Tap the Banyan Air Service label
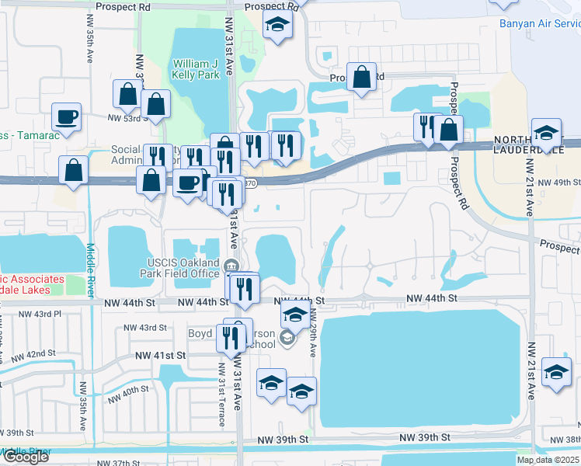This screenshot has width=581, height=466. click(539, 23)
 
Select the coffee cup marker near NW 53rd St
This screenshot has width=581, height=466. click(66, 118)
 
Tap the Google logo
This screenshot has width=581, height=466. click(25, 457)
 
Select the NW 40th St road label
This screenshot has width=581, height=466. click(128, 393)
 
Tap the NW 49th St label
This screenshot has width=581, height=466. click(559, 183)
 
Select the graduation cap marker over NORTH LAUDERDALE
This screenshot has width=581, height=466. click(546, 134)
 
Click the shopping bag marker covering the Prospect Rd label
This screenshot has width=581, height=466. click(362, 78)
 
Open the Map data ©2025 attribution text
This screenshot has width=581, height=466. click(548, 460)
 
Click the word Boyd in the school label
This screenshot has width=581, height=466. click(200, 333)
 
